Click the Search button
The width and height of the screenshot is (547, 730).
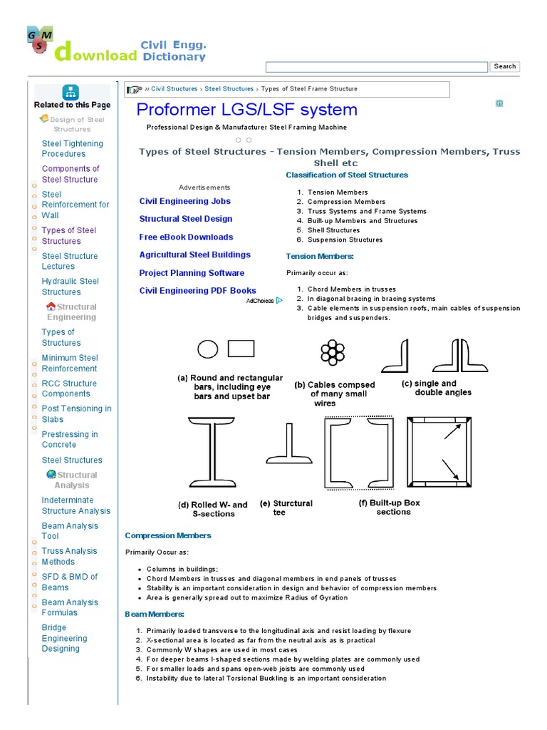[504, 66]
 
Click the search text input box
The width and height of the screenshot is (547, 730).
[376, 67]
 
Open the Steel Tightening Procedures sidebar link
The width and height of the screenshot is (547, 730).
[72, 148]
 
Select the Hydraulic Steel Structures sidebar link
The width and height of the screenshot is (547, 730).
[71, 287]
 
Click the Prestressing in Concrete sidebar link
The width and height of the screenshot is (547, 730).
[70, 439]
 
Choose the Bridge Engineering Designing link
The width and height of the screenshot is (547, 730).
[65, 638]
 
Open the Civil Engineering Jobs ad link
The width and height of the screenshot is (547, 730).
[184, 201]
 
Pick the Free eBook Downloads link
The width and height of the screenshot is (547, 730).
[186, 237]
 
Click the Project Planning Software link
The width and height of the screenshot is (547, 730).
[192, 273]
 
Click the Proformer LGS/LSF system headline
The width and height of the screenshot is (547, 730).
[246, 110]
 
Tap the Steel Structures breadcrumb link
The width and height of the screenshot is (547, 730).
[229, 89]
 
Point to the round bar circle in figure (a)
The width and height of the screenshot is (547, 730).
[207, 349]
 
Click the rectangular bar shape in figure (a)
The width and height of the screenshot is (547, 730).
[241, 348]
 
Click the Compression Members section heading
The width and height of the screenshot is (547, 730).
[168, 535]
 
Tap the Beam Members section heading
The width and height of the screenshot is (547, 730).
[155, 614]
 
